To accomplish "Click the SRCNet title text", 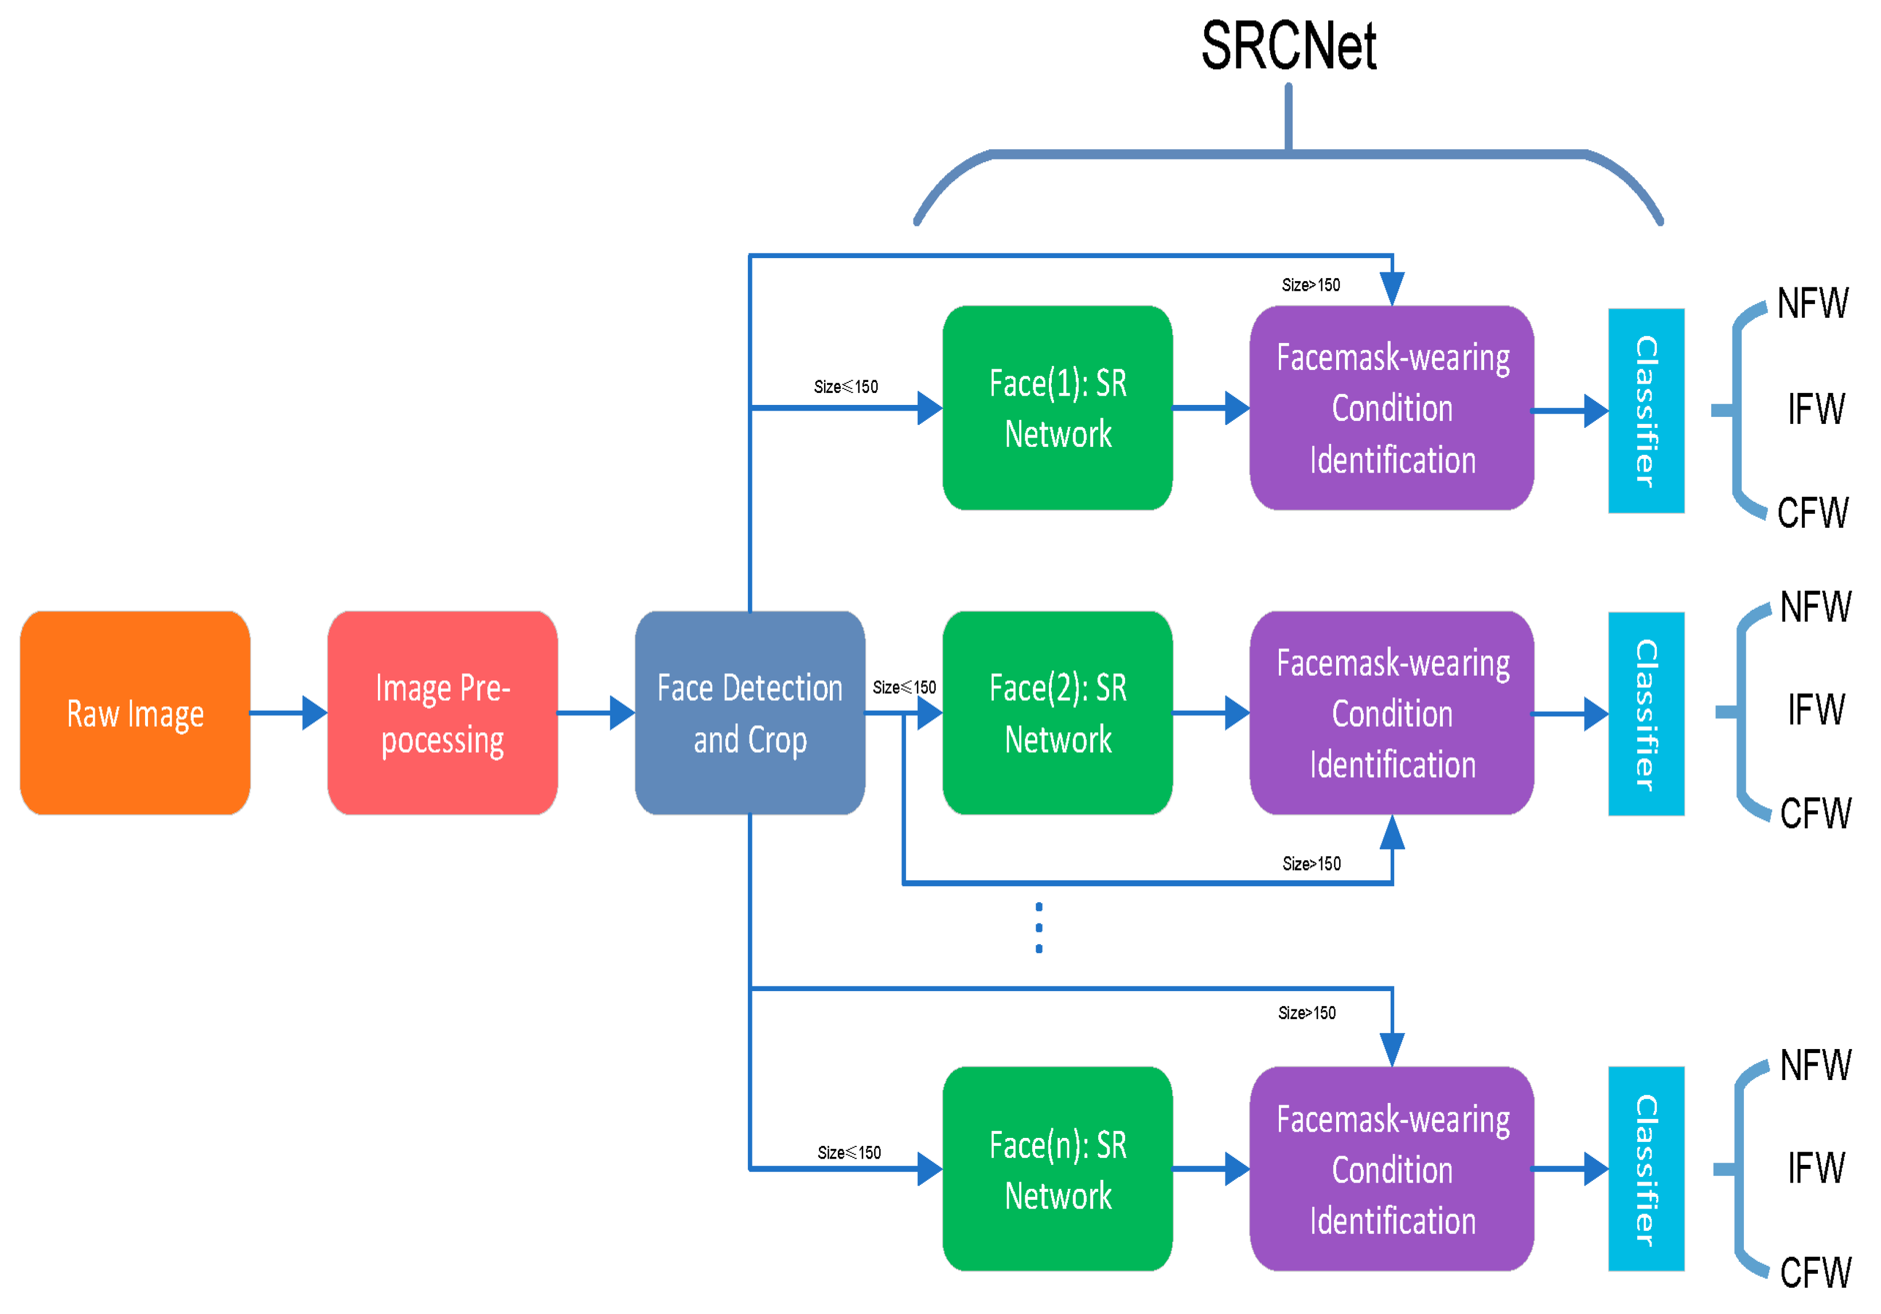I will tap(1288, 46).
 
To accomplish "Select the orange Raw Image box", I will tap(135, 713).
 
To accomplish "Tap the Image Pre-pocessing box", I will tap(442, 713).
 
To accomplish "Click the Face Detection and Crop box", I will tap(750, 713).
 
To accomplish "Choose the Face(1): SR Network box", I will tap(1057, 408).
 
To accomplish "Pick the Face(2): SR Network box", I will tap(1057, 713).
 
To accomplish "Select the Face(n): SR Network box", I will tap(1057, 1168).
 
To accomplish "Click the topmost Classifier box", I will tap(1646, 411).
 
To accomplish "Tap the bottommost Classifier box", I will tap(1646, 1168).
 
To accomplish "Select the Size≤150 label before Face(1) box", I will tap(845, 387).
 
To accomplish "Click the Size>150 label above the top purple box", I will tap(1311, 285).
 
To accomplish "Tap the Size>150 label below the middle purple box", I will tap(1311, 863).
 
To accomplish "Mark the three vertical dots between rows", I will tap(1039, 927).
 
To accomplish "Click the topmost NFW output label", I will tap(1812, 303).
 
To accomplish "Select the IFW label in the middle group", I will tap(1816, 709).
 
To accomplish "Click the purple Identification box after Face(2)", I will tap(1391, 713).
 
